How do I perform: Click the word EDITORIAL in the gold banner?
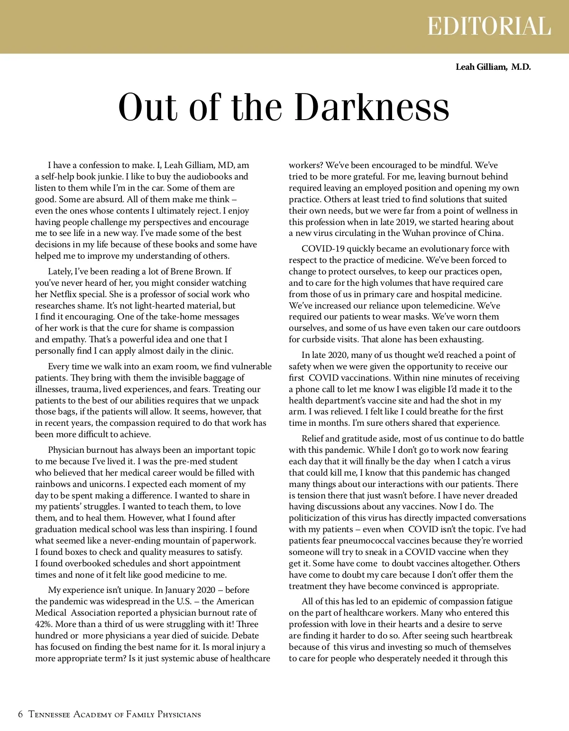[x=489, y=26]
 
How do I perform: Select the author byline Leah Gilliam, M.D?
[x=493, y=67]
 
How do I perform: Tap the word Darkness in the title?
[x=372, y=107]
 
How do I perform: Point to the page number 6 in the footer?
[x=20, y=714]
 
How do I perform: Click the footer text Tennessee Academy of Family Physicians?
[x=115, y=714]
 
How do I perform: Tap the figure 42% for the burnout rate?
[x=44, y=624]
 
